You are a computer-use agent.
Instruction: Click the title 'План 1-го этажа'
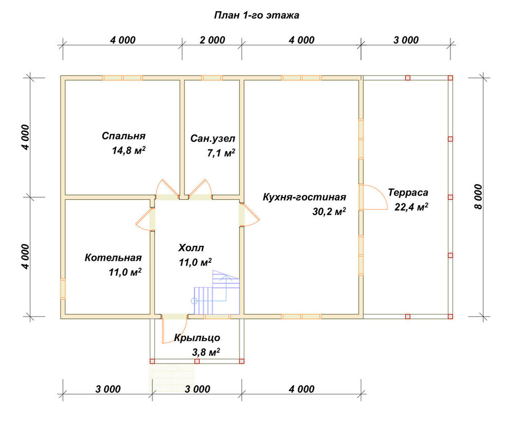point(256,15)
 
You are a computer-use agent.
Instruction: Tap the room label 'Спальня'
point(123,136)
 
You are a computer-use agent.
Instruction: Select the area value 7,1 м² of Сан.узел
point(221,153)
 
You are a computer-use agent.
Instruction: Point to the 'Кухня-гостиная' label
point(304,197)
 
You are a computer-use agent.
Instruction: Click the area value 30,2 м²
point(329,211)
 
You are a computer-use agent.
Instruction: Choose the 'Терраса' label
point(408,192)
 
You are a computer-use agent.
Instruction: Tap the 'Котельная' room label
point(113,258)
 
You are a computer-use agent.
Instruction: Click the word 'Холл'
point(191,248)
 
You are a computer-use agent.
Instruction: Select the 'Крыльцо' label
point(197,338)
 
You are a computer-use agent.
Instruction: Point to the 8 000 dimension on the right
point(478,197)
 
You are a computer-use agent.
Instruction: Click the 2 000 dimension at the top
point(212,40)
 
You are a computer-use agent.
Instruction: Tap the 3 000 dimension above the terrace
point(406,40)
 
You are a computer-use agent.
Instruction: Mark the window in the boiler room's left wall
point(63,288)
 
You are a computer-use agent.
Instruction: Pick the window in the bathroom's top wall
point(212,78)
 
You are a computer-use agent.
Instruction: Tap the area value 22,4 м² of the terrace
point(411,207)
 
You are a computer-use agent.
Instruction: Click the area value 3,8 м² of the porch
point(206,352)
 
